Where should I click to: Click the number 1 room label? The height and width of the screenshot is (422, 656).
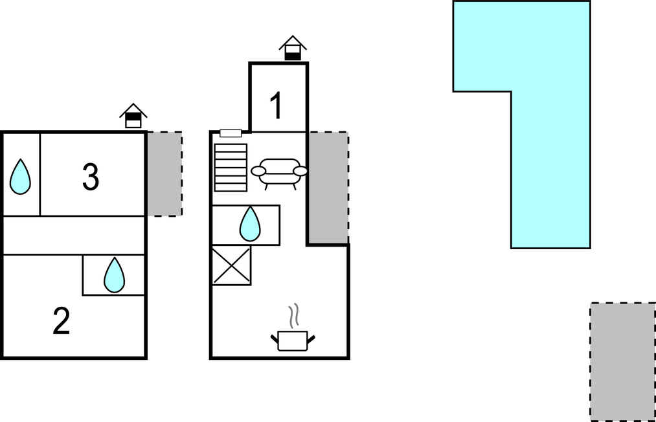277,106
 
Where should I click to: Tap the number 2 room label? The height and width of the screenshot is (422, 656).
61,322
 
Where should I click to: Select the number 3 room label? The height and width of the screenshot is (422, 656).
91,177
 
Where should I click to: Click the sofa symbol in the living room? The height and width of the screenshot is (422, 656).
279,172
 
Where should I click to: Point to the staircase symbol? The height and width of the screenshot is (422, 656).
231,167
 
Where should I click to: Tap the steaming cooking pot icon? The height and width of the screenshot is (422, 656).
292,340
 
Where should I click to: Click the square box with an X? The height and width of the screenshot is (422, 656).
231,265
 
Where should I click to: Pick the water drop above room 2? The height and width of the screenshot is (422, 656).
114,274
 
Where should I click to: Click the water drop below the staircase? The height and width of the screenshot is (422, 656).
250,224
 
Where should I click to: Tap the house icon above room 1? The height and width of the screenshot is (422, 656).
293,49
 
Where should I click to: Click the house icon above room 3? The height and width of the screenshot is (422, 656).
133,116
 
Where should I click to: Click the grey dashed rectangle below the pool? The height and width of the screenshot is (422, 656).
622,361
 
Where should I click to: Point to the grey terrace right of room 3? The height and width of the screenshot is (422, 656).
164,173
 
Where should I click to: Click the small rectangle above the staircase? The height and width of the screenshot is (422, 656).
231,133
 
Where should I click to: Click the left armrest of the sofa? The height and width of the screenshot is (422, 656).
258,171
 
